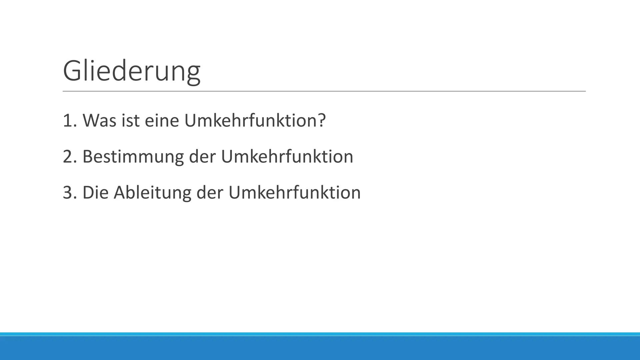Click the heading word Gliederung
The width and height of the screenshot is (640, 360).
click(131, 71)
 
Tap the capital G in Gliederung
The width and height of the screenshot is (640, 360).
click(73, 71)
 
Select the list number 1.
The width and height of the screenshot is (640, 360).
click(68, 120)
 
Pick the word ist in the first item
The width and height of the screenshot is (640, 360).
click(130, 120)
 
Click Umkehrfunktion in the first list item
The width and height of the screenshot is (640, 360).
click(250, 120)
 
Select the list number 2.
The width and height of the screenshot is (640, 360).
click(68, 156)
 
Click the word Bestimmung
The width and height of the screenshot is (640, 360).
click(133, 156)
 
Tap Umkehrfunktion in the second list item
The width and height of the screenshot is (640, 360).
click(287, 156)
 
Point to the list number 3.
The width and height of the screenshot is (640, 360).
click(68, 192)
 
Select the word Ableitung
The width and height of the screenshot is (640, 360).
click(152, 192)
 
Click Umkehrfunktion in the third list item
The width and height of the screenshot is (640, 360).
click(294, 192)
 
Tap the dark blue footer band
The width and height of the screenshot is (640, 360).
click(320, 348)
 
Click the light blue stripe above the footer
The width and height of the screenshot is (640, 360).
click(320, 334)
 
